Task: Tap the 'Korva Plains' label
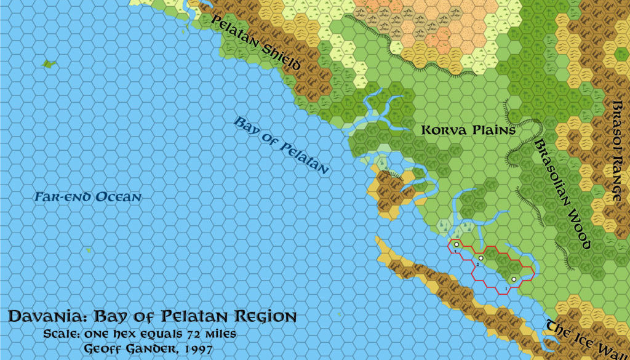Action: (468, 130)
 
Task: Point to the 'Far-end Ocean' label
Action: (87, 198)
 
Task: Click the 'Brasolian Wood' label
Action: (562, 193)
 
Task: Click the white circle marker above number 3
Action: (457, 245)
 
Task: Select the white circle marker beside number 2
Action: (481, 258)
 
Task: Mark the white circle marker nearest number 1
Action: (513, 280)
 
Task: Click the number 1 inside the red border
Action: (506, 289)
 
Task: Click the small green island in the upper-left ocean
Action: (47, 63)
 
